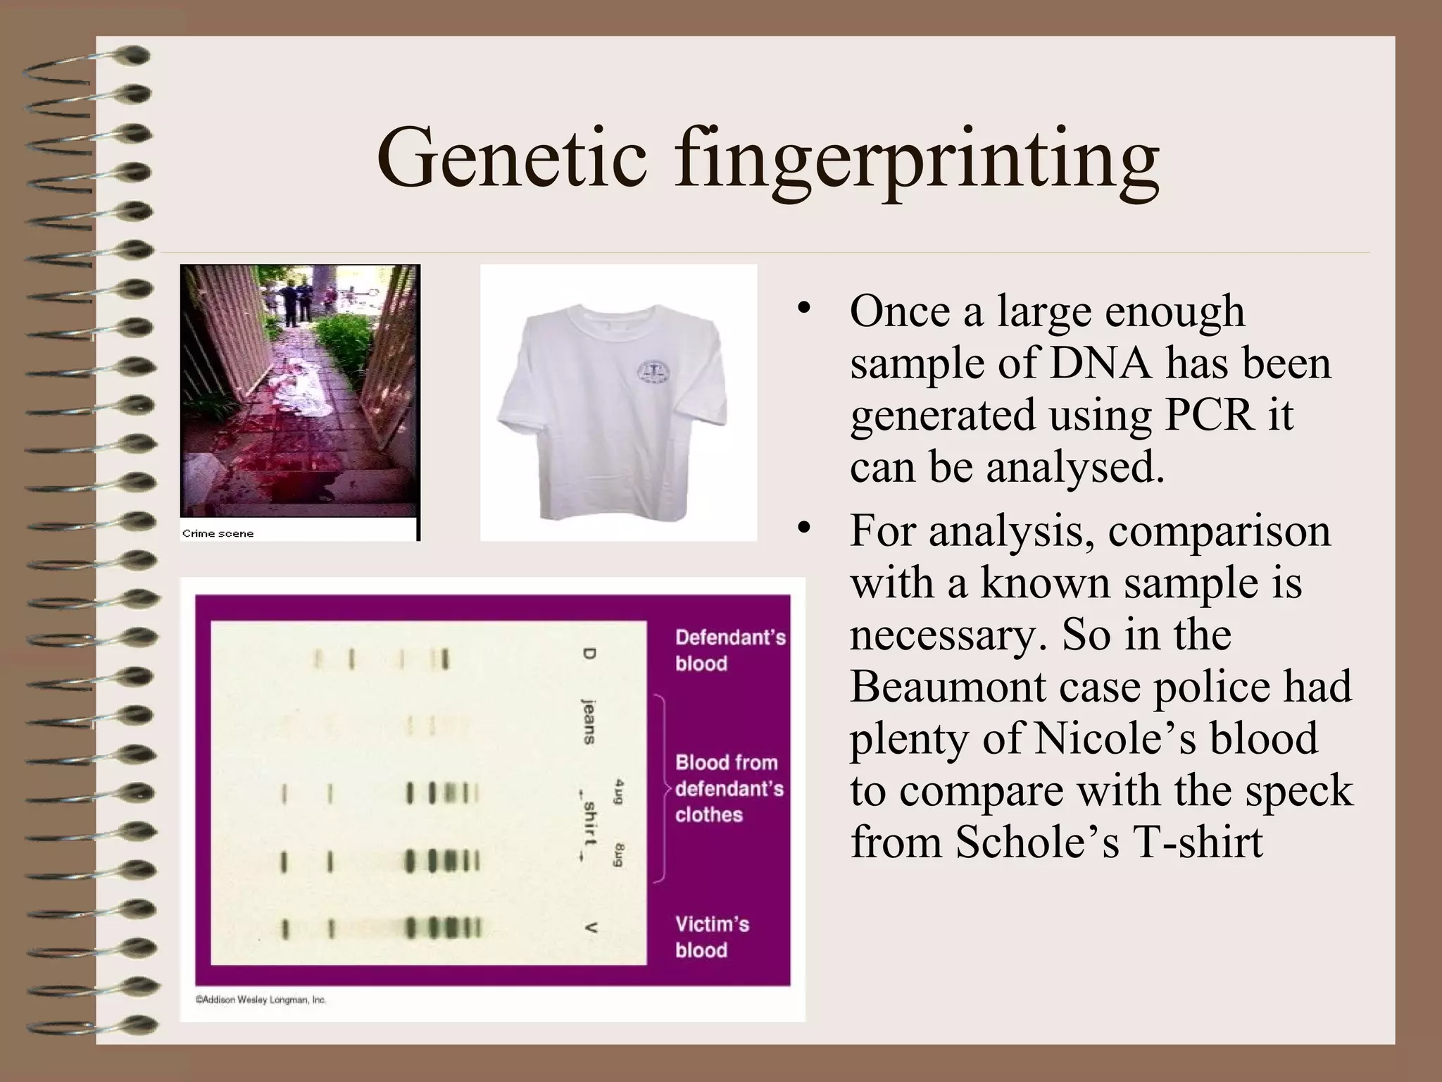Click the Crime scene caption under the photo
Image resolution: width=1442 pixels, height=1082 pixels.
[x=218, y=533]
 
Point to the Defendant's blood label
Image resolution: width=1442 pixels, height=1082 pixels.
[x=729, y=649]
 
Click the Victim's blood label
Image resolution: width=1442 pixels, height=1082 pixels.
[x=712, y=937]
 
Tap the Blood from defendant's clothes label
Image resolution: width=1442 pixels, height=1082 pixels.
[x=729, y=788]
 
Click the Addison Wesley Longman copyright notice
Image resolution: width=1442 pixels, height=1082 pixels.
[x=261, y=1000]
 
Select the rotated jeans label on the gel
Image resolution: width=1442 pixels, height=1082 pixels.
[x=589, y=721]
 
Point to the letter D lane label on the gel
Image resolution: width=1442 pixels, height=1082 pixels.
[x=589, y=654]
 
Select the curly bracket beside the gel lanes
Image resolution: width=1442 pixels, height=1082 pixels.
[x=660, y=788]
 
